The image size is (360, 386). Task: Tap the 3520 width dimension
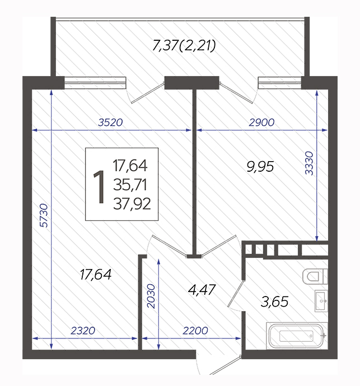[x=110, y=123]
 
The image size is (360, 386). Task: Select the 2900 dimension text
[x=261, y=123]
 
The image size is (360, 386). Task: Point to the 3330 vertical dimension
[x=309, y=163]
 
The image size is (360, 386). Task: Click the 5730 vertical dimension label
[x=44, y=215]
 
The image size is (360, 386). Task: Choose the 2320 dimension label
[x=83, y=331]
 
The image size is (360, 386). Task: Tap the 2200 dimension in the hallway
[x=195, y=331]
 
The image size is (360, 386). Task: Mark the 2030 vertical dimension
[x=151, y=296]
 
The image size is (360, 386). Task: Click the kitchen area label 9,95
[x=260, y=167]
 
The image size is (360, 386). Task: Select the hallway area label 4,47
[x=202, y=290]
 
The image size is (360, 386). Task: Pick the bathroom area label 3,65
[x=274, y=302]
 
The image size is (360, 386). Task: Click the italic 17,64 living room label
[x=96, y=275]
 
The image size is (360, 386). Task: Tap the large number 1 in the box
[x=99, y=187]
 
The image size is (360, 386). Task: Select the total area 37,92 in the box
[x=132, y=204]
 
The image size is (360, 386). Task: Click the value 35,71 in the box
[x=130, y=185]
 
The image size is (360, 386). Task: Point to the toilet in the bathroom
[x=315, y=276]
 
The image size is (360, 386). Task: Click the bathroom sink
[x=321, y=301]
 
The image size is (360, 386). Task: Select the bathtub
[x=297, y=336]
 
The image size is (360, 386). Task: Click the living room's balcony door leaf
[x=148, y=92]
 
